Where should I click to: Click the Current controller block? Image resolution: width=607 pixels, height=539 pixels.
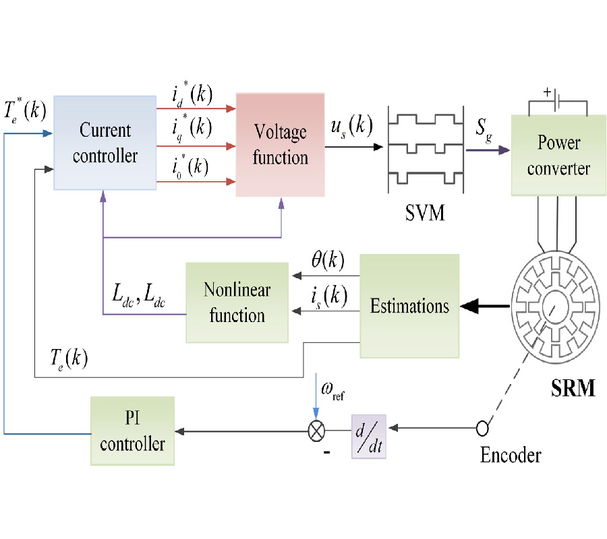(x=105, y=143)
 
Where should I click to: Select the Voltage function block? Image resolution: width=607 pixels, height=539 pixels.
(x=280, y=144)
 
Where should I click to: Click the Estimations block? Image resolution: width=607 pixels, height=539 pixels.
(x=409, y=306)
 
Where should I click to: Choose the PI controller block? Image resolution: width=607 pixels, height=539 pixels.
(x=132, y=431)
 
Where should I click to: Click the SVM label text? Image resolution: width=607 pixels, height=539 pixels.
(x=424, y=215)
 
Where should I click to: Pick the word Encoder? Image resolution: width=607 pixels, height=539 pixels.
(x=510, y=455)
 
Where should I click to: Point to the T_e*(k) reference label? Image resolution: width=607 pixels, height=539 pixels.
(x=24, y=108)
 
